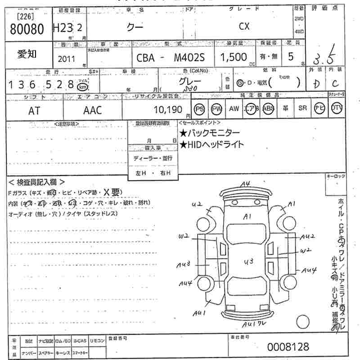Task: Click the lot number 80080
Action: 27,29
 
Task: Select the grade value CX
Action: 244,26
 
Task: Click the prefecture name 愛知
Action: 27,54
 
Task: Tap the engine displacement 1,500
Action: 234,57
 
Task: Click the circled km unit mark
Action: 82,86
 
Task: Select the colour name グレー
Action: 190,81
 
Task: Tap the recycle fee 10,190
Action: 168,110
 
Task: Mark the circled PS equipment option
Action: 199,109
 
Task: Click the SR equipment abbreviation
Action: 302,108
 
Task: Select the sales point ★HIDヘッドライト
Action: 211,144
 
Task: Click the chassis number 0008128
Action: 288,347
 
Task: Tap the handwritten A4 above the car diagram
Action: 245,183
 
